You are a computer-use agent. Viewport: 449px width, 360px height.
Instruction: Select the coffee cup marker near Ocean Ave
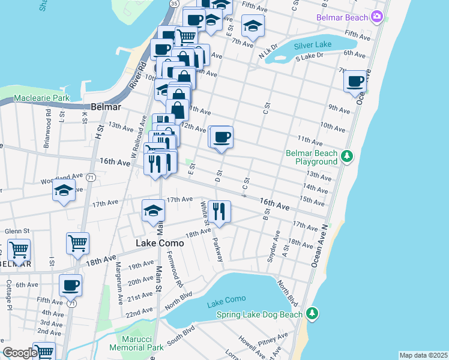[355, 82]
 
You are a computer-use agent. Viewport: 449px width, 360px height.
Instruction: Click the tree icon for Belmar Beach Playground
[346, 157]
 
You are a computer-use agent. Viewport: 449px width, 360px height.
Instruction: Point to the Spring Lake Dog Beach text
[259, 314]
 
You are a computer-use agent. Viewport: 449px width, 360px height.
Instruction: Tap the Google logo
[19, 353]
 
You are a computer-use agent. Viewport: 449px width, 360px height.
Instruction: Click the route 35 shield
[173, 4]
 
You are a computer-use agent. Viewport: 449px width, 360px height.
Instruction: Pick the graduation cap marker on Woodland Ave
[64, 191]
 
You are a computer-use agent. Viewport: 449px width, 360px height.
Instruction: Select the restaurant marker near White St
[219, 212]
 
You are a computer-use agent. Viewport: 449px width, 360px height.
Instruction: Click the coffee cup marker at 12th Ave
[221, 137]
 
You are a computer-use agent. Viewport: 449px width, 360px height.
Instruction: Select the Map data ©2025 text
[423, 355]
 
